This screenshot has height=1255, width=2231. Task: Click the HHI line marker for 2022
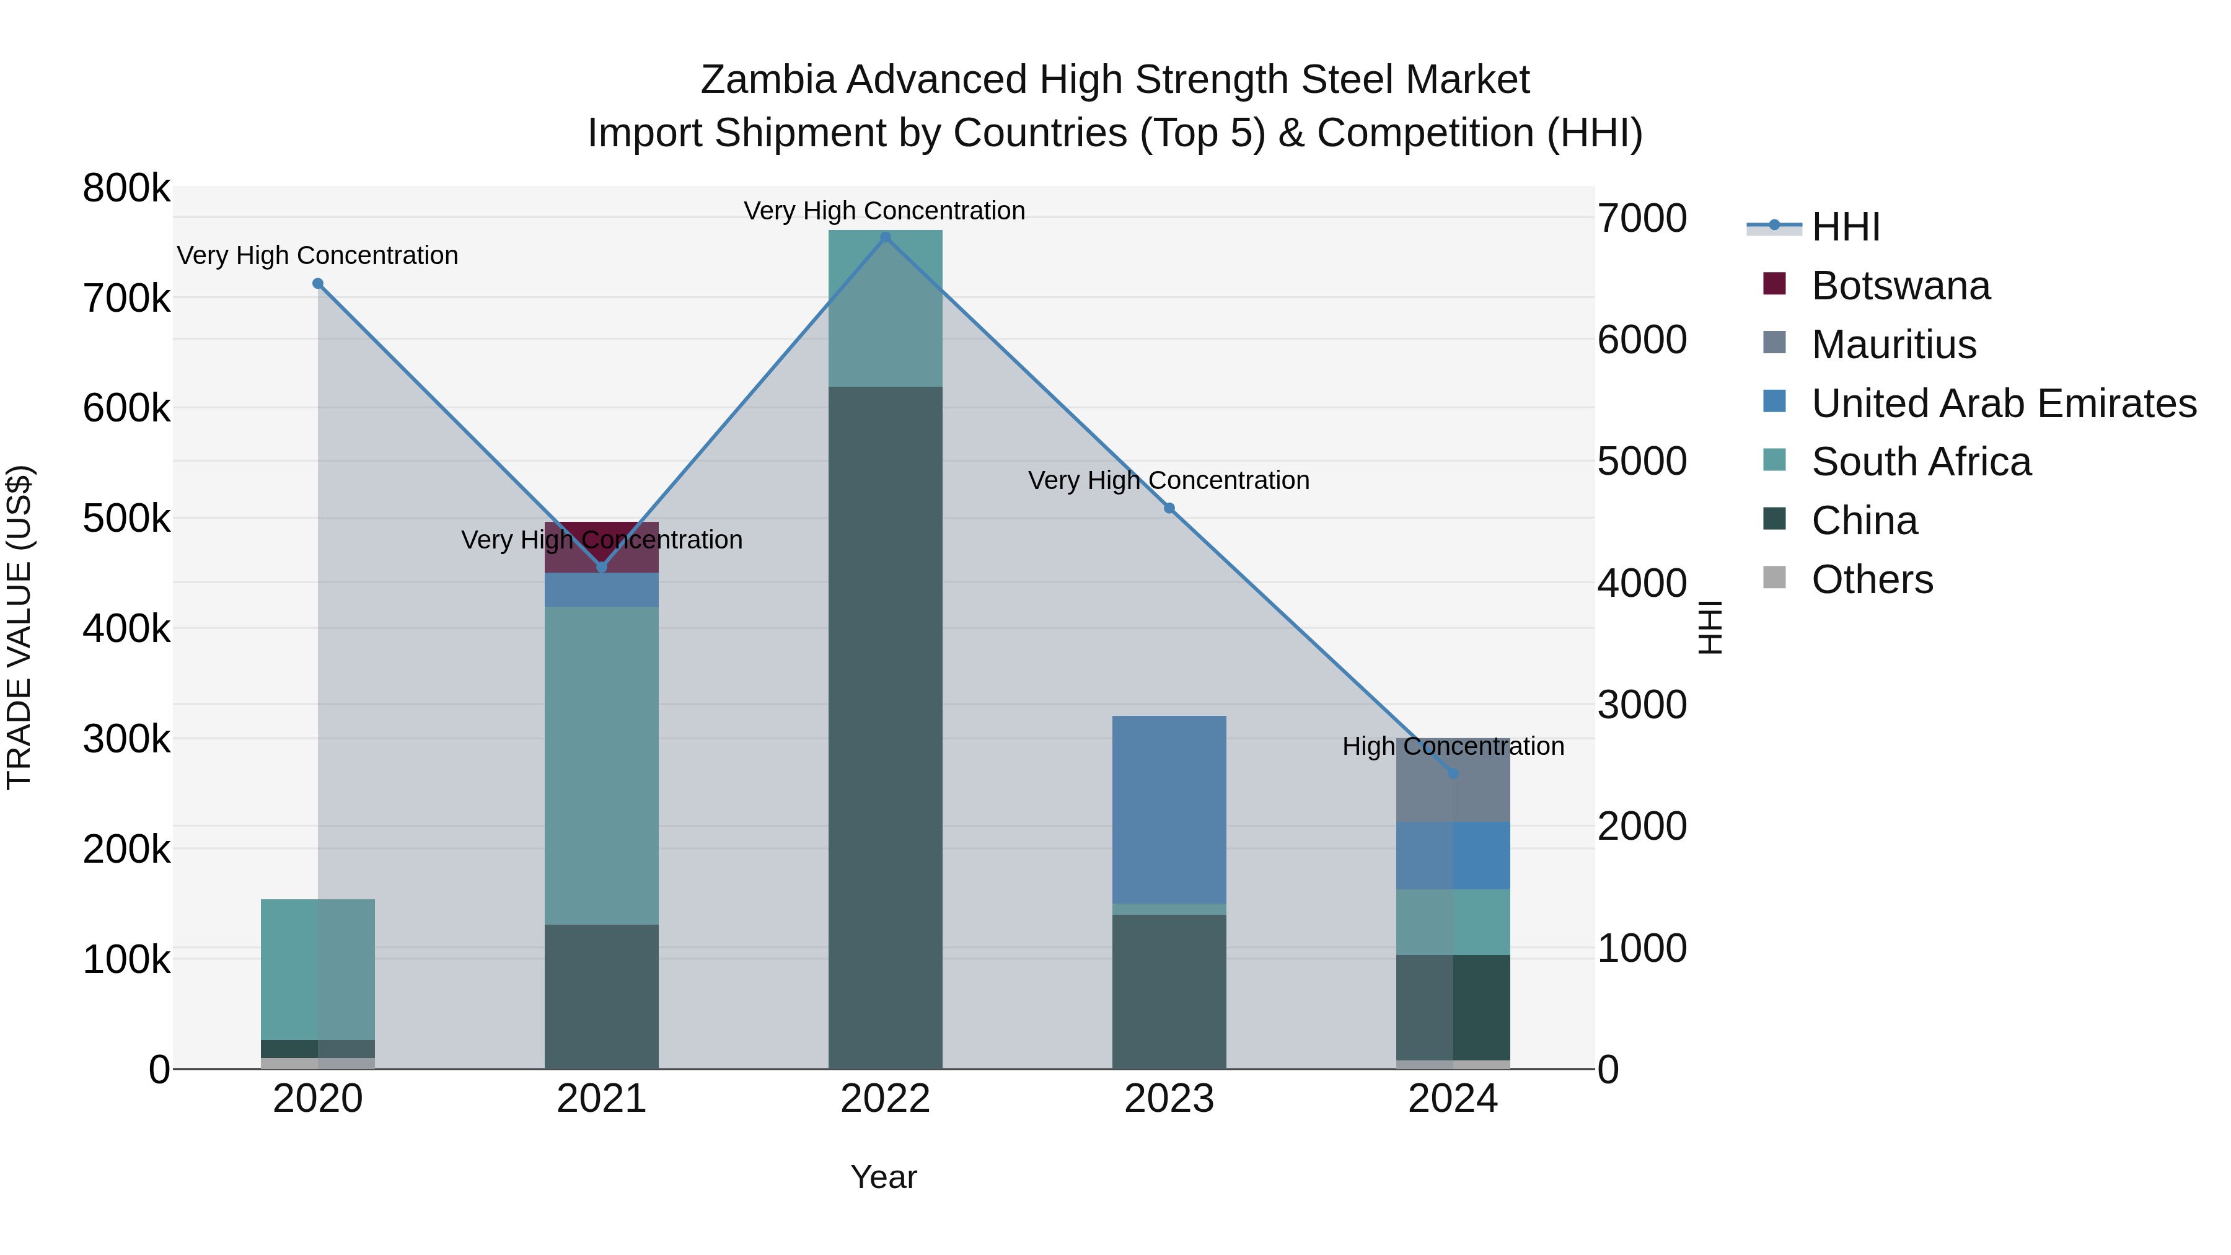click(885, 237)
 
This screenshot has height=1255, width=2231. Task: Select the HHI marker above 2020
click(318, 283)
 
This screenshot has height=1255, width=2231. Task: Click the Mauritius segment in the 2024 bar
click(1453, 780)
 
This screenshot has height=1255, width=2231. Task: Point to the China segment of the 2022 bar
click(885, 728)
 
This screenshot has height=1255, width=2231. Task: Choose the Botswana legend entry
click(1900, 286)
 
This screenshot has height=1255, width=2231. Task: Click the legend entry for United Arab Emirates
click(2003, 403)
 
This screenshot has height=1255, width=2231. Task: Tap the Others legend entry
click(1872, 579)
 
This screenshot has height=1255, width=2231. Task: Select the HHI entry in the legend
click(1845, 227)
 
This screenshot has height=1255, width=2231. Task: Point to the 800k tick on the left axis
click(126, 188)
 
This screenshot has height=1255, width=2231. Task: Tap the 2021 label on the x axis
click(601, 1099)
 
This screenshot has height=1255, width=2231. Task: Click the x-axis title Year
click(883, 1177)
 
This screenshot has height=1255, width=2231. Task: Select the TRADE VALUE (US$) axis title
click(19, 627)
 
